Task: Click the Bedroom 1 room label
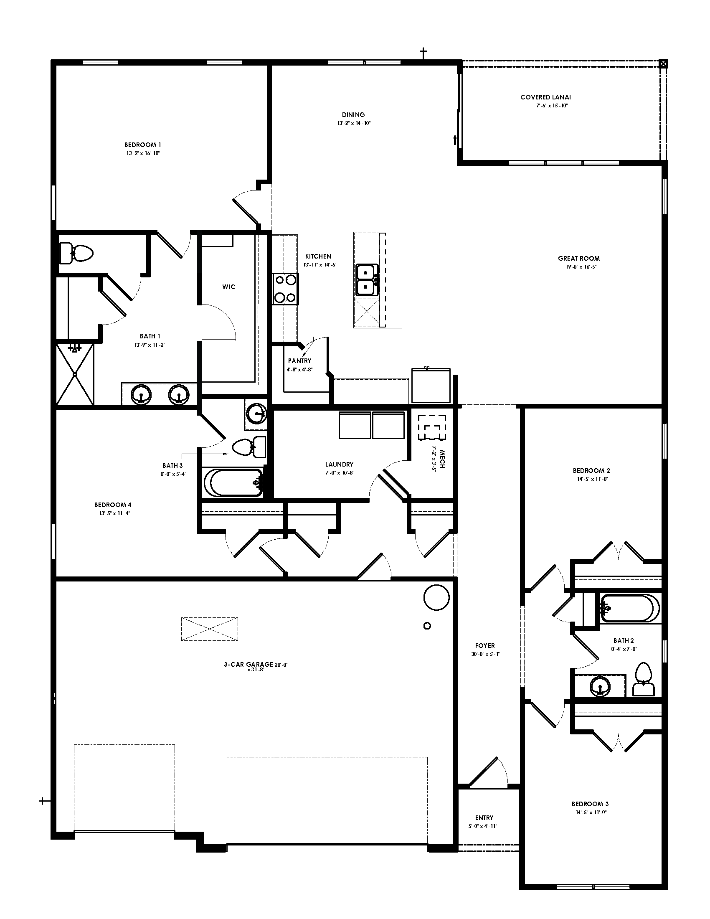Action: coord(142,145)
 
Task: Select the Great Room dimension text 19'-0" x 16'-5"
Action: coord(579,267)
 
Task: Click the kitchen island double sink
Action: coord(366,280)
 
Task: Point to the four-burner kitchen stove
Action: coord(285,289)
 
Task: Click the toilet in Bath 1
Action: coord(76,253)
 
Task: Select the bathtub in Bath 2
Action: coord(629,608)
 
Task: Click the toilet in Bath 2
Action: coord(643,680)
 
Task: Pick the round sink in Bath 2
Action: coord(600,688)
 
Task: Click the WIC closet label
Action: coord(229,287)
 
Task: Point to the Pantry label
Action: coord(299,360)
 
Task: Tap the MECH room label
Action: coord(441,459)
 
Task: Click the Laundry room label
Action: coord(339,465)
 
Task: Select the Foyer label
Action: coord(485,645)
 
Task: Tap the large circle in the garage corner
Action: coord(437,597)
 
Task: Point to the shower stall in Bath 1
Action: coord(75,374)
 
